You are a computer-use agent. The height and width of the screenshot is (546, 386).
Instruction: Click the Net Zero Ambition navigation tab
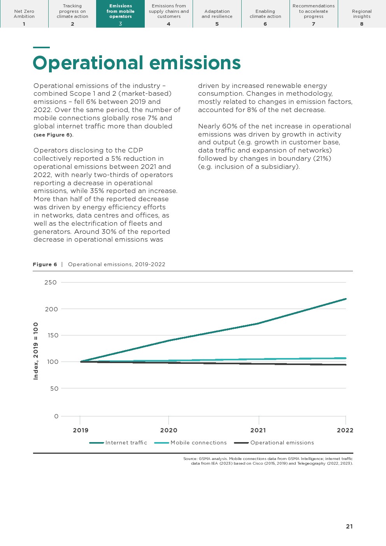[x=24, y=14]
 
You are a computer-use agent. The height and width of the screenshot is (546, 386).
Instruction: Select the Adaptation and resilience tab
[x=217, y=14]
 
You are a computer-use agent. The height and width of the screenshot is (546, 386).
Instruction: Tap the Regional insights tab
[x=362, y=14]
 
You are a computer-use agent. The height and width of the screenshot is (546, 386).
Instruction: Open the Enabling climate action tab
[x=265, y=14]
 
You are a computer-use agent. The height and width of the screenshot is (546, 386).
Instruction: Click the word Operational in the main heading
[x=88, y=63]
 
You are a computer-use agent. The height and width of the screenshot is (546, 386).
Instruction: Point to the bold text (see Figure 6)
[x=53, y=135]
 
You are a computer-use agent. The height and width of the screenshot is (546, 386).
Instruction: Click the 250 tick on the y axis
[x=51, y=283]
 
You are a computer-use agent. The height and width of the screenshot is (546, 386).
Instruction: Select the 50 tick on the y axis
[x=54, y=389]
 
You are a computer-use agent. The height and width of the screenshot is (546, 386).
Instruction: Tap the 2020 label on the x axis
[x=168, y=430]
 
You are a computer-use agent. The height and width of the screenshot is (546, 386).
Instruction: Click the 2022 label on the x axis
[x=345, y=430]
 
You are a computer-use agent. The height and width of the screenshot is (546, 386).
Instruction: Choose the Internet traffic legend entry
[x=126, y=443]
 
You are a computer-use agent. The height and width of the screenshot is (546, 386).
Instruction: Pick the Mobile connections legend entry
[x=198, y=443]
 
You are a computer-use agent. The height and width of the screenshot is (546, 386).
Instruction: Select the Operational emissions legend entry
[x=282, y=443]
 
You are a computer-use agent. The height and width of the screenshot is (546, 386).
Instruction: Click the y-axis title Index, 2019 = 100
[x=36, y=351]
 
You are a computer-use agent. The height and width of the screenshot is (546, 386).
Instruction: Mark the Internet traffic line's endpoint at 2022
[x=346, y=299]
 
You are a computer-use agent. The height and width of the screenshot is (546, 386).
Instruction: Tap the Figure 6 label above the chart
[x=45, y=265]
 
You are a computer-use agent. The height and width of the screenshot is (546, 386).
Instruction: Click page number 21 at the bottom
[x=349, y=527]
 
